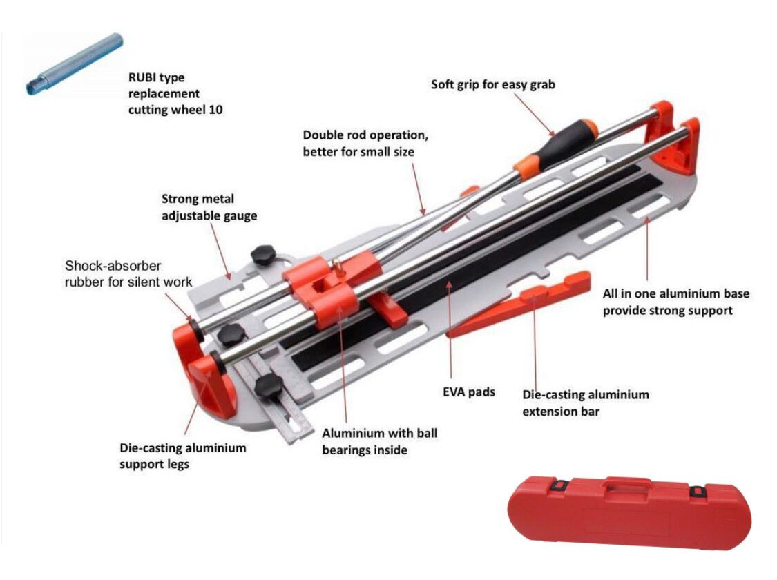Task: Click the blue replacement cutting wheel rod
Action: [75, 64]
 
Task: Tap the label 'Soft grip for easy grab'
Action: [492, 85]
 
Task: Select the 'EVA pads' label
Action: [469, 391]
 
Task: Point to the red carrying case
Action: [629, 512]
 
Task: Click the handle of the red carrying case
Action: [629, 486]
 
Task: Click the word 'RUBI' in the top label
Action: [142, 77]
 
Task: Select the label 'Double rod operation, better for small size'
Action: [365, 143]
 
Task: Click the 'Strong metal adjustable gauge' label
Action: [209, 207]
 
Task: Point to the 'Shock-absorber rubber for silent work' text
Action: [128, 273]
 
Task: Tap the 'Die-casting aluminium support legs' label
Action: [182, 456]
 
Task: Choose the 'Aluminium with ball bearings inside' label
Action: [380, 441]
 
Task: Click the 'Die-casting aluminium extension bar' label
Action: [585, 403]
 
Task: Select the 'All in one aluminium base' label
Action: [676, 293]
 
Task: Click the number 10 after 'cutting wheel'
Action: [215, 110]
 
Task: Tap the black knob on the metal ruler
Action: [269, 386]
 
